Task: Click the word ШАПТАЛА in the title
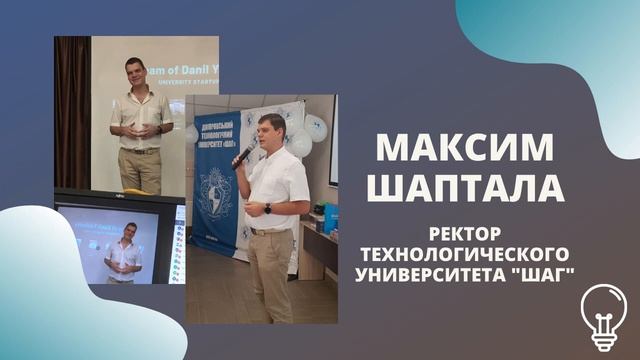(x=464, y=187)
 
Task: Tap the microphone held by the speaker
(x=243, y=153)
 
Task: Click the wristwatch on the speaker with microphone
(x=267, y=208)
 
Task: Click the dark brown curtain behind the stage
(x=72, y=110)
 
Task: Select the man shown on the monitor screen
(x=124, y=254)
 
